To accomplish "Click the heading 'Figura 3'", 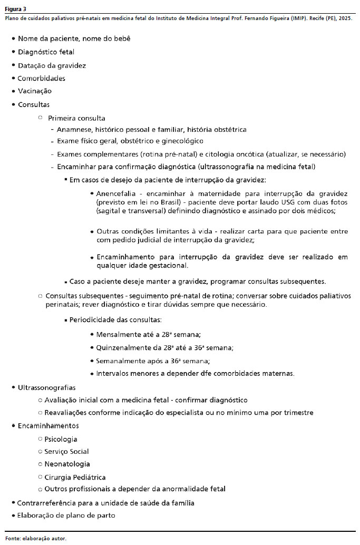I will [16, 9].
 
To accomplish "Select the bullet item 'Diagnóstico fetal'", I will [46, 52].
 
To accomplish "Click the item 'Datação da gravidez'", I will [52, 65].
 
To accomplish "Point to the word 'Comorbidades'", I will [41, 79].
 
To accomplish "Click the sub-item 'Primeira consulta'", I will [76, 118].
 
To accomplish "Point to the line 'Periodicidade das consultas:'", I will [115, 320].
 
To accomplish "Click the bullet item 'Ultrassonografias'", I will [46, 387].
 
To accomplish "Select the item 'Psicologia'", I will [61, 439].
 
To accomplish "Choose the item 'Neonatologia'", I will [67, 464].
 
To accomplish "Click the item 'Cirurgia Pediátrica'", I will [75, 477].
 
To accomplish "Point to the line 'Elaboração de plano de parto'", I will [66, 515].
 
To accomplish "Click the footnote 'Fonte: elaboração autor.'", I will [36, 539].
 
